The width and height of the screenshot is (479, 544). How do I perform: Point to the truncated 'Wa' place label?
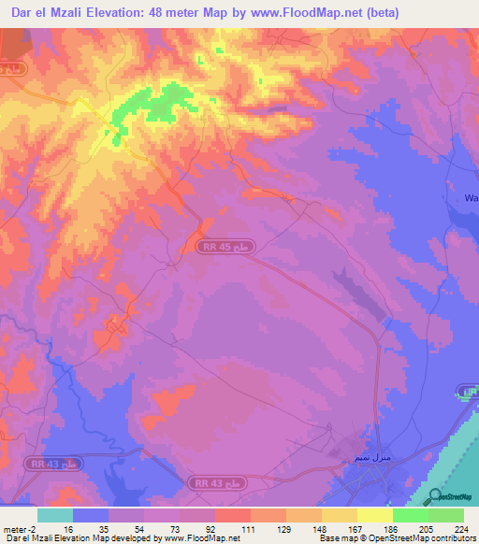[471, 198]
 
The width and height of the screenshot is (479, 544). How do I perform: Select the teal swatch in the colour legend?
[55, 515]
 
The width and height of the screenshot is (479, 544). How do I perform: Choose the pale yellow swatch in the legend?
[373, 515]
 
